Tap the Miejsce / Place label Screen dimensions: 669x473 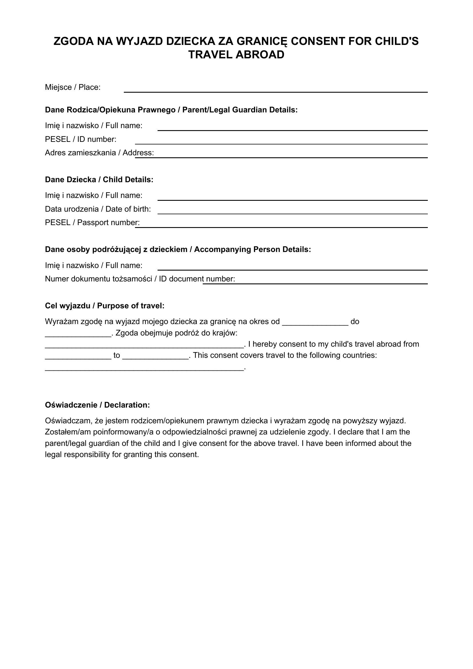coord(73,87)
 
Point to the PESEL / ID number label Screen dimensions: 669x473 coord(80,139)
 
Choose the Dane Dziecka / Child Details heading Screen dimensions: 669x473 coord(99,180)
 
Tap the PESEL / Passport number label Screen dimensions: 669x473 coord(92,223)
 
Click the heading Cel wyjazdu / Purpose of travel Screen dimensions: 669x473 coord(105,306)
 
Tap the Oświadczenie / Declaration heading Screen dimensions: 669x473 coord(97,405)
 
